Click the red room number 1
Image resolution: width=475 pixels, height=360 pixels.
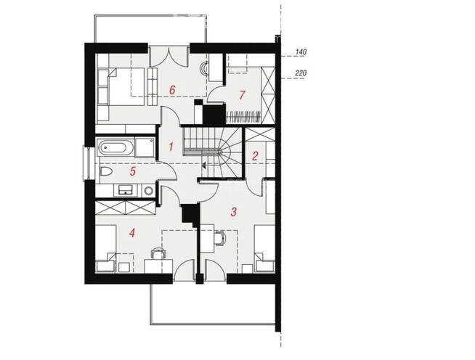point(171,147)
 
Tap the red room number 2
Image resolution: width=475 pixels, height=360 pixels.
point(255,156)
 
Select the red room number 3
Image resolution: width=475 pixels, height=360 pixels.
point(233,212)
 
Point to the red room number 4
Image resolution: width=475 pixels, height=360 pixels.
point(131,233)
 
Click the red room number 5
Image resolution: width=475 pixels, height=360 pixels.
point(133,171)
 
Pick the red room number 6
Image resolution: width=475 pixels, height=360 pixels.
point(172,90)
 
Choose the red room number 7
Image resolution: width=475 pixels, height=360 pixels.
point(241,95)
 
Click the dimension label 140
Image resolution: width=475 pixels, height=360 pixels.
point(301,52)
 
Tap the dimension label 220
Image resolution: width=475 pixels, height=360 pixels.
point(301,73)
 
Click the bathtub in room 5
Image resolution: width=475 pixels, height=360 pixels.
point(115,148)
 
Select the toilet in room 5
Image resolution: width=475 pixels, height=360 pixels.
point(105,172)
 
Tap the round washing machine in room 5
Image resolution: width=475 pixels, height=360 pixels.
point(148,191)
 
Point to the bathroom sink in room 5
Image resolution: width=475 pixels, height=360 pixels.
point(125,190)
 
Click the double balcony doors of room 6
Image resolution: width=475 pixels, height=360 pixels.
point(169,57)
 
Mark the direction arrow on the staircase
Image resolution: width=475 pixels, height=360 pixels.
point(205,165)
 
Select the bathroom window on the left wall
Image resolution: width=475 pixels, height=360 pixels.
point(87,163)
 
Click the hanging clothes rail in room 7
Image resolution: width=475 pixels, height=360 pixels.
point(243,116)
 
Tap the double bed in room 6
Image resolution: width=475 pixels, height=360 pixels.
point(121,86)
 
